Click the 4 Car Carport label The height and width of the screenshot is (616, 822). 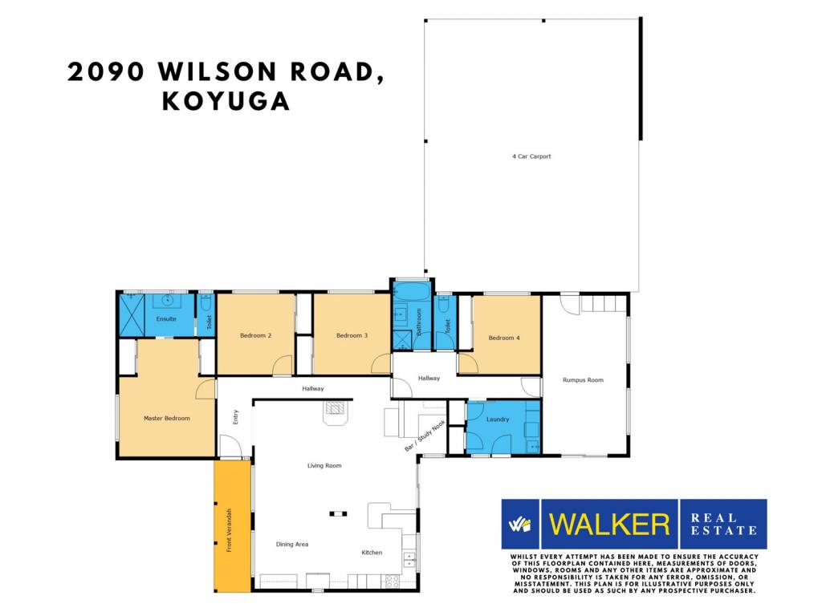coord(531,156)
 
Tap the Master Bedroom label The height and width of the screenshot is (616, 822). coord(167,418)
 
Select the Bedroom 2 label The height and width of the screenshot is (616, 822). coord(256,335)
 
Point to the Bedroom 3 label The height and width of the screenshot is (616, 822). coord(352,335)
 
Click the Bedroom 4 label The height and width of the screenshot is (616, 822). coord(504,338)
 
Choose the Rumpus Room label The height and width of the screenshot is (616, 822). coord(583,379)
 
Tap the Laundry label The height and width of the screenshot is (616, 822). coord(498,419)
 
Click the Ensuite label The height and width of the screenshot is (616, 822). coord(166,318)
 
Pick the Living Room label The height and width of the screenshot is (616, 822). coord(324,465)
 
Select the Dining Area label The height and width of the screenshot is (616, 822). coord(292,545)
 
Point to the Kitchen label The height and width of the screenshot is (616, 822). coord(372,552)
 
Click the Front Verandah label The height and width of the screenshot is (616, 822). coord(229,530)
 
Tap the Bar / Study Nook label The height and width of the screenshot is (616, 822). coord(425,436)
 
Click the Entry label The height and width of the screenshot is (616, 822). coord(236,417)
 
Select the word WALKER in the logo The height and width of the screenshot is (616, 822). coord(609,525)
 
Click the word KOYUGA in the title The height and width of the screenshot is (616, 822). coord(226,101)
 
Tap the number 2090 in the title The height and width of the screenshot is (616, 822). coord(106,71)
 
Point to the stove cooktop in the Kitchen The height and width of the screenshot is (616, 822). coord(392,581)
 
